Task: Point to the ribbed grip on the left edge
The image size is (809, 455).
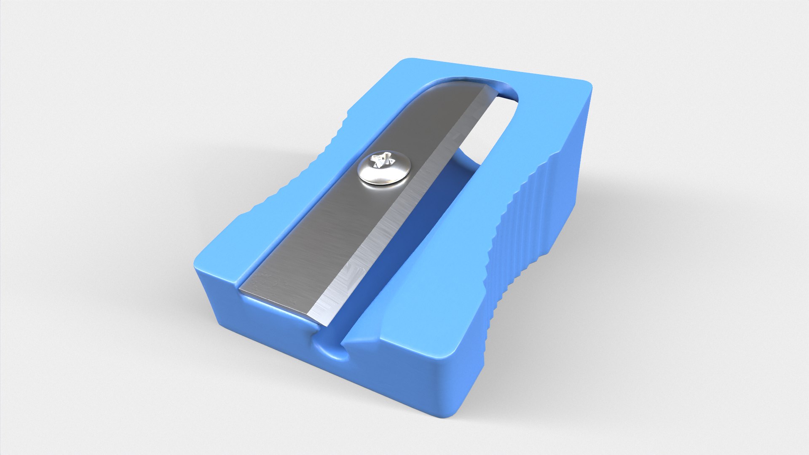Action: click(295, 177)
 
